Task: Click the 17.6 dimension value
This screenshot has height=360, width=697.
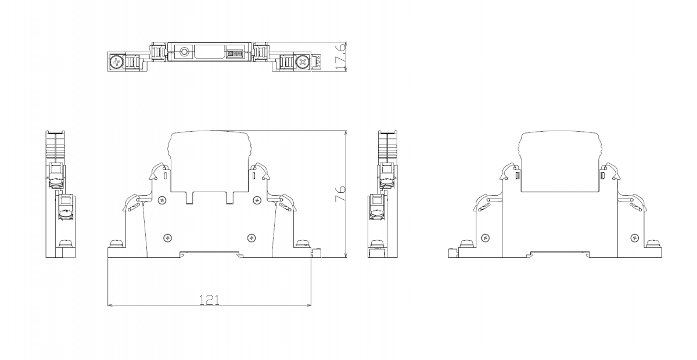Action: (x=340, y=56)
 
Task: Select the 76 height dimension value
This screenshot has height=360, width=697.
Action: (x=340, y=193)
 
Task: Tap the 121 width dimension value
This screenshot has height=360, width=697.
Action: (x=209, y=300)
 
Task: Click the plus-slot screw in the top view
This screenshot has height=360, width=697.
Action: (x=117, y=62)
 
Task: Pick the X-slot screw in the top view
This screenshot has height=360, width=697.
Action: (x=302, y=62)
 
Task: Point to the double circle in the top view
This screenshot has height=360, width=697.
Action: (x=184, y=52)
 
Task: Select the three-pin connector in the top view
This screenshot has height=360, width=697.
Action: (x=234, y=53)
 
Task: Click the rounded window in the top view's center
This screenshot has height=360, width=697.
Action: (x=210, y=52)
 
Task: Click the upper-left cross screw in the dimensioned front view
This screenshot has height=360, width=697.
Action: (x=162, y=200)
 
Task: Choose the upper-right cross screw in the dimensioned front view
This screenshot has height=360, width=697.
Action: (x=257, y=200)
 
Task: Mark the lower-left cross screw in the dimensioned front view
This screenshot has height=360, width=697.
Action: (x=168, y=238)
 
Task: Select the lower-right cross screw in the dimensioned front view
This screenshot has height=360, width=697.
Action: (x=252, y=238)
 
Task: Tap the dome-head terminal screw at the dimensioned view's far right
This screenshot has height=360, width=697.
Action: (x=301, y=243)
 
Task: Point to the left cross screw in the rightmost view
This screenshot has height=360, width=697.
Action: (x=486, y=238)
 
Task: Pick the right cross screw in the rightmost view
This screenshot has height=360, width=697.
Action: (x=634, y=238)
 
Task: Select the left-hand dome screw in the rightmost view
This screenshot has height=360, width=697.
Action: (x=466, y=243)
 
